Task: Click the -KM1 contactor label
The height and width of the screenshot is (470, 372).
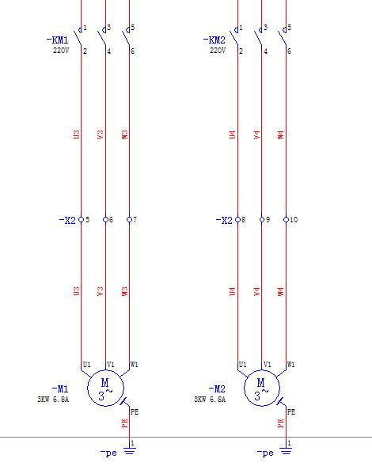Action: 57,40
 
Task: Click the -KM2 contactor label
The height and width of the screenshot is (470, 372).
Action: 214,40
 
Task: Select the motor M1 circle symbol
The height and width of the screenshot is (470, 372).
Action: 105,388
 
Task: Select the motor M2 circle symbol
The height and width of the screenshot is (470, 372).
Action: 262,388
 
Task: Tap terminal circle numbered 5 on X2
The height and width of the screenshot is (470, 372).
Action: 81,220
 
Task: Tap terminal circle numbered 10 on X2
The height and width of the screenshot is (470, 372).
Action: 286,220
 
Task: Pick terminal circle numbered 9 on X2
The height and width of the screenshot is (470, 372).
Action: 262,220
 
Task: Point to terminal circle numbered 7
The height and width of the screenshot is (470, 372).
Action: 130,220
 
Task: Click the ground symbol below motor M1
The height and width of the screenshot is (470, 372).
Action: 130,450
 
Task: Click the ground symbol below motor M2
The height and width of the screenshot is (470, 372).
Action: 286,450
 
